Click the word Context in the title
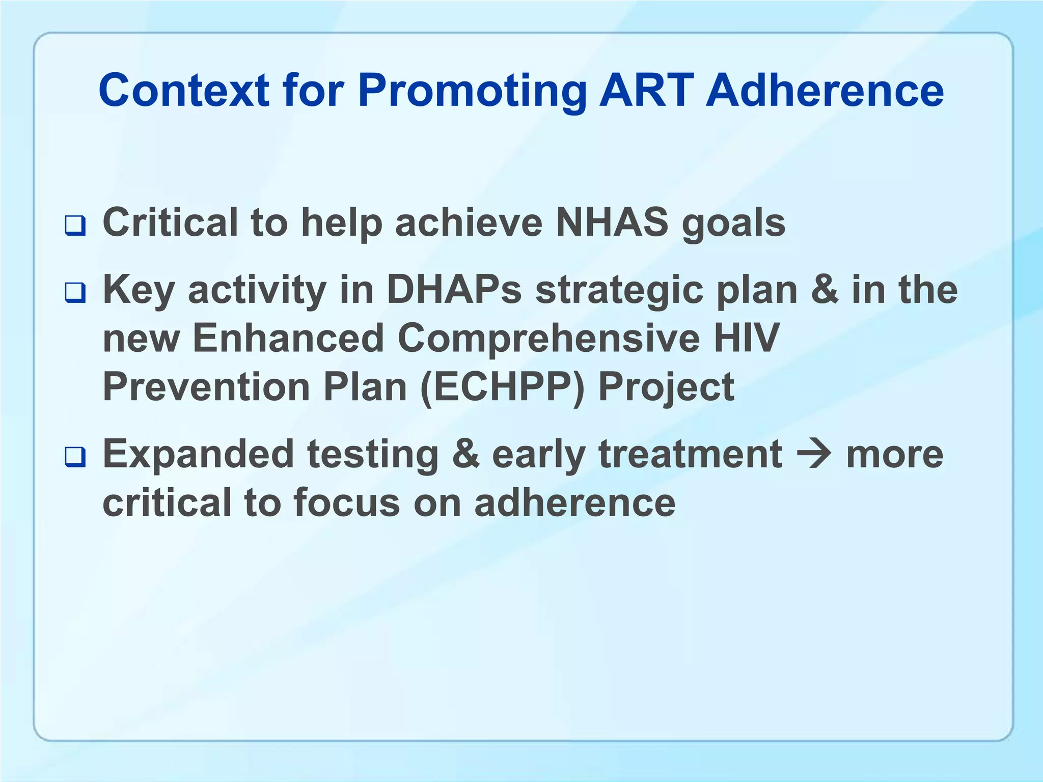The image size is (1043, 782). [183, 91]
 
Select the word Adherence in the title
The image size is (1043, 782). [825, 91]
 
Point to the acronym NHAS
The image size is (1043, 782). [612, 222]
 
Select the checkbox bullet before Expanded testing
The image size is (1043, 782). [75, 457]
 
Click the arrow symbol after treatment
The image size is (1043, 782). [813, 454]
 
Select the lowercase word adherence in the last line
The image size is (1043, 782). [574, 503]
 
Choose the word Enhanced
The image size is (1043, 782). [288, 338]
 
